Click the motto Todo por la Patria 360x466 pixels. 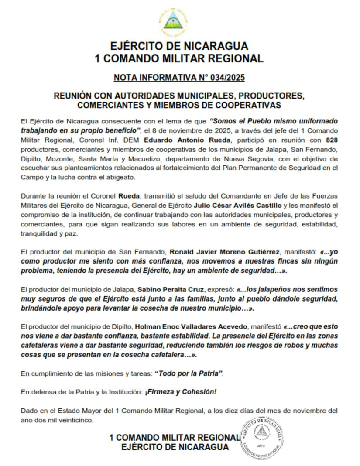(x=191, y=373)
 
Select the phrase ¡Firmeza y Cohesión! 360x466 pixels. (x=181, y=392)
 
